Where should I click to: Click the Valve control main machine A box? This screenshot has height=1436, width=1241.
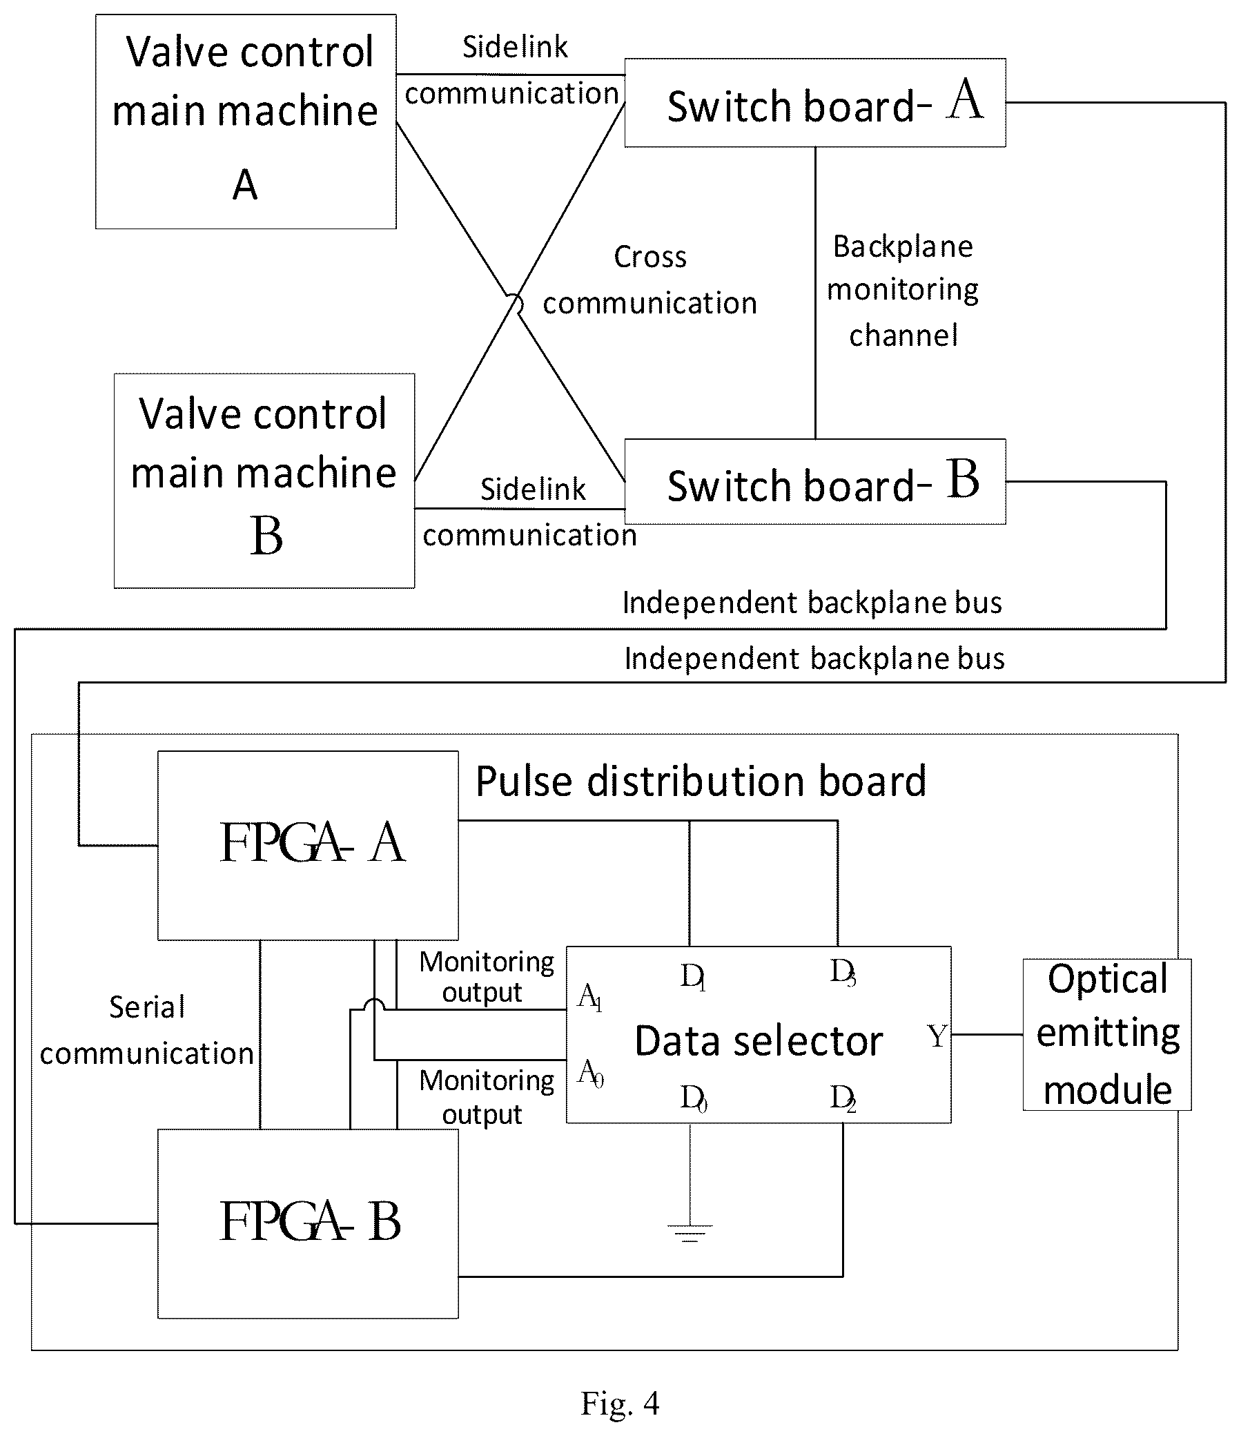tap(246, 122)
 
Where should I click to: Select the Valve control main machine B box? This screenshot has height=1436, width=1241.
tap(264, 481)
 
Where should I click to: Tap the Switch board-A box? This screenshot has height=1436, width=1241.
tap(815, 103)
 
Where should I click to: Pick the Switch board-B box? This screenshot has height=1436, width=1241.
tap(815, 482)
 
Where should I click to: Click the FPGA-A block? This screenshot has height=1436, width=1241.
tap(308, 846)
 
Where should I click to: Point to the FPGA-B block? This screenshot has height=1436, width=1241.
tap(308, 1224)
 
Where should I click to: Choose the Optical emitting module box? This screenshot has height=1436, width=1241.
tap(1107, 1035)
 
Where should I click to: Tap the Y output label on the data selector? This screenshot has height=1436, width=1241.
tap(937, 1036)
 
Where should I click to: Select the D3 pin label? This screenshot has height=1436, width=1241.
tap(843, 972)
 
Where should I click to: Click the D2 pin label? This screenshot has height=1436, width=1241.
tap(843, 1098)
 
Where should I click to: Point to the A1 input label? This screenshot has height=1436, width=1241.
tap(589, 998)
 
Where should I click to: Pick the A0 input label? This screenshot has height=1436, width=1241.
tap(590, 1074)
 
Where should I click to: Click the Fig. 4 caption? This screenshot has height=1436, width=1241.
tap(620, 1404)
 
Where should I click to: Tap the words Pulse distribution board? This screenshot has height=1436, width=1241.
tap(701, 781)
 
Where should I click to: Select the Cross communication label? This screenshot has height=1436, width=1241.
tap(650, 280)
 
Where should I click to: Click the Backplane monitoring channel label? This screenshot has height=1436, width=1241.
tap(903, 291)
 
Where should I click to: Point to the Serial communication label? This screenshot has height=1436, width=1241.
tap(147, 1030)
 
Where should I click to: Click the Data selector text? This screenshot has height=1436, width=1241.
tap(759, 1041)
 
